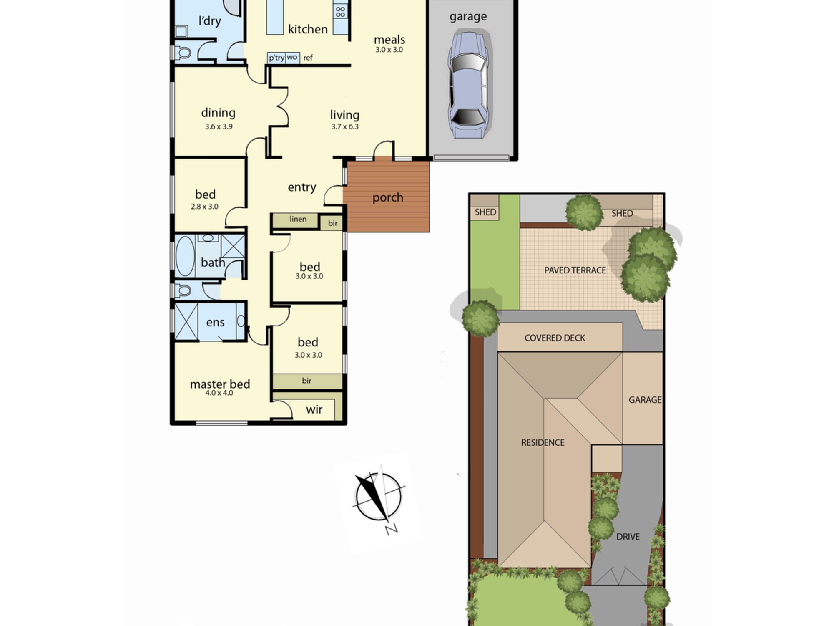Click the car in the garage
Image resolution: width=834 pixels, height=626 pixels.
click(469, 83)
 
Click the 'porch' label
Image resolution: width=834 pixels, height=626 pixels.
click(388, 197)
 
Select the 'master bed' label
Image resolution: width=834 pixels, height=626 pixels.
click(220, 384)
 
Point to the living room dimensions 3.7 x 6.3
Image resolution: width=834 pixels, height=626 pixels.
click(345, 126)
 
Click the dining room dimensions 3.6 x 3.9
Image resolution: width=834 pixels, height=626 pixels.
click(219, 126)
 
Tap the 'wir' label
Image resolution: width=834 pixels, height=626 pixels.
click(314, 409)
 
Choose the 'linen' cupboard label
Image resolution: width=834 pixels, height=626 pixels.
click(298, 219)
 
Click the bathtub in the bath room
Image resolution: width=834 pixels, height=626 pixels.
click(185, 256)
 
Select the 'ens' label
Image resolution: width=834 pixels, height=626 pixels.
click(215, 322)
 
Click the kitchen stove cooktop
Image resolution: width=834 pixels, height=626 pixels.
click(340, 11)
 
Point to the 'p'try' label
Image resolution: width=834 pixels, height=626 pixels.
click(276, 58)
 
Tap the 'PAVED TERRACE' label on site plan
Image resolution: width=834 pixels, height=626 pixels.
click(575, 270)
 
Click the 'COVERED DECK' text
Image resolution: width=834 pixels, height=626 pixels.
click(555, 338)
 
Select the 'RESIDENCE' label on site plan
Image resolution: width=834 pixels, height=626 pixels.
click(543, 442)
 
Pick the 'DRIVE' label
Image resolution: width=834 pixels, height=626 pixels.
click(628, 537)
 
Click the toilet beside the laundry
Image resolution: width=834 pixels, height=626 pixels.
click(182, 53)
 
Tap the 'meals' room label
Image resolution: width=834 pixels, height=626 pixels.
click(389, 40)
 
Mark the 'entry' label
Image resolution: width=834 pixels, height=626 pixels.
click(302, 187)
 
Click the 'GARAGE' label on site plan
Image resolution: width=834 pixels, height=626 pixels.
click(645, 400)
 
